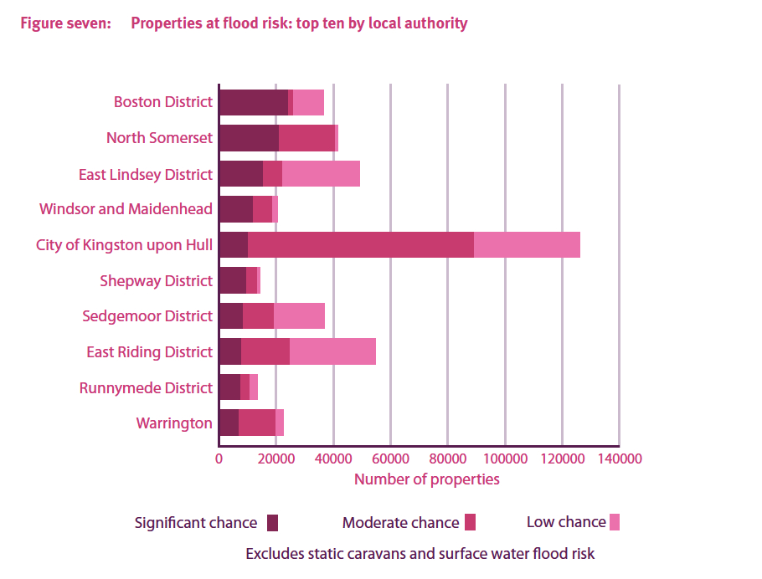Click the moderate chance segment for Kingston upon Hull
[361, 245]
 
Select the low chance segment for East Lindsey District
[321, 174]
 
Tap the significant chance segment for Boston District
[253, 102]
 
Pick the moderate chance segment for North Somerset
[306, 138]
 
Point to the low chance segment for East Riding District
[332, 352]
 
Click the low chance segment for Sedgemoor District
[299, 316]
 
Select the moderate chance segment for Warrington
[257, 423]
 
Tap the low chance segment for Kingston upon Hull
[527, 245]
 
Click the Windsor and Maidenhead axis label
[126, 209]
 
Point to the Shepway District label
[156, 281]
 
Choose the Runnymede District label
[146, 388]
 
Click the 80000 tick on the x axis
[448, 459]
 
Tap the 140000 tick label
[619, 459]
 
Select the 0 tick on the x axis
[219, 459]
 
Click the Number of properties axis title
[426, 479]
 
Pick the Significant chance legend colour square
[272, 523]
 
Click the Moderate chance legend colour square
[470, 523]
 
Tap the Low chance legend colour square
[615, 522]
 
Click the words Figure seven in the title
[65, 23]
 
